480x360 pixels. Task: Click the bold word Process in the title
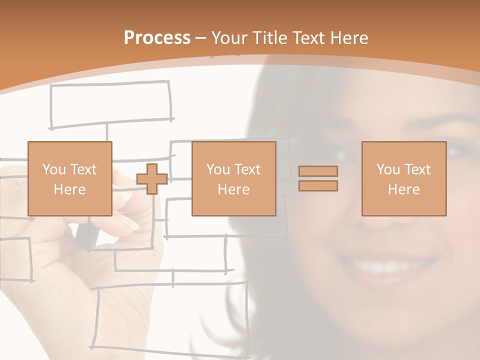point(157,38)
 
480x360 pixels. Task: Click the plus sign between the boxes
point(152,179)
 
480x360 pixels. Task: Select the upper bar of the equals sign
point(318,171)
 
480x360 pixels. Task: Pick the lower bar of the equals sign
point(318,186)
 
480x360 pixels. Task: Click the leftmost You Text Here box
point(70,179)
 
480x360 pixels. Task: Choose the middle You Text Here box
point(233,179)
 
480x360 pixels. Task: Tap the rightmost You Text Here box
point(403,179)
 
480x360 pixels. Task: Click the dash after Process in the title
point(201,38)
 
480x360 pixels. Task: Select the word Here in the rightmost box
point(403,189)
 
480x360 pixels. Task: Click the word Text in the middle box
point(248,169)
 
